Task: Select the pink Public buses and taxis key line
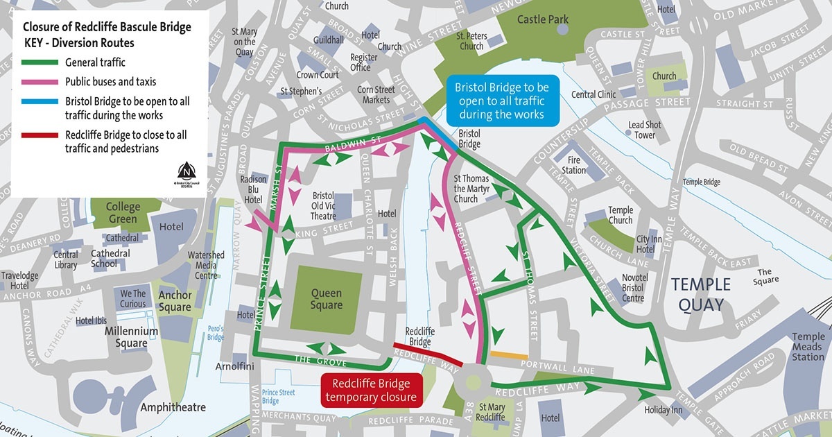coord(40,82)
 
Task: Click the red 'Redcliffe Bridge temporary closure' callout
coord(371,390)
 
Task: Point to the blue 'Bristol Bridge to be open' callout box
coord(501,101)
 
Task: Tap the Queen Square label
coord(326,299)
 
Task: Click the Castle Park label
coord(542,20)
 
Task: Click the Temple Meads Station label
coord(808,347)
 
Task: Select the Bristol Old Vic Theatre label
coord(324,205)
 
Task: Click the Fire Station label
coord(573,165)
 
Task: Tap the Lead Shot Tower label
coord(645,130)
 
